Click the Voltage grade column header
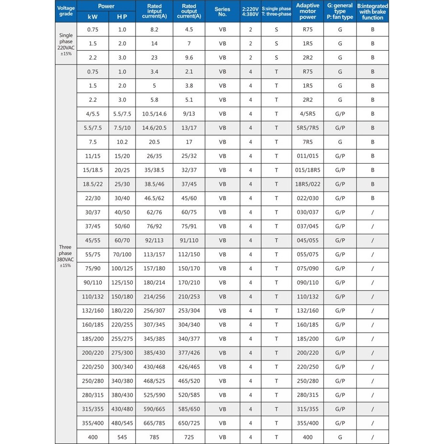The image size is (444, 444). [66, 11]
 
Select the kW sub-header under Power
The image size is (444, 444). [93, 16]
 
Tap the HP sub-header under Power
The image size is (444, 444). [122, 16]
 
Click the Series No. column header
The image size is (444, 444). [222, 11]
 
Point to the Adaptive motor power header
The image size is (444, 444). [307, 11]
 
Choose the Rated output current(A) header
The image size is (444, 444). [189, 11]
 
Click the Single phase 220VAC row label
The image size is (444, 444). [66, 44]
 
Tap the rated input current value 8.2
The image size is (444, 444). [154, 30]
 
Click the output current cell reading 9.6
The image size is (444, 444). [189, 58]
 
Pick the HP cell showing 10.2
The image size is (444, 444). [122, 142]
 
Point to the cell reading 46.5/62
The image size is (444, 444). [154, 198]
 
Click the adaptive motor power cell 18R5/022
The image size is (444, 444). [307, 184]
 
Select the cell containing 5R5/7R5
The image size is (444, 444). [307, 128]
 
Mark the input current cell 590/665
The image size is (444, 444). [154, 409]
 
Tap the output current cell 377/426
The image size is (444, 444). [189, 353]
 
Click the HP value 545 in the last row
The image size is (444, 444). [122, 437]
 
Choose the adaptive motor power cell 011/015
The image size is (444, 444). [307, 156]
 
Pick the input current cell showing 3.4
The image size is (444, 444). [154, 72]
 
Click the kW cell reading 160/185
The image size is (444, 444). [93, 325]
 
